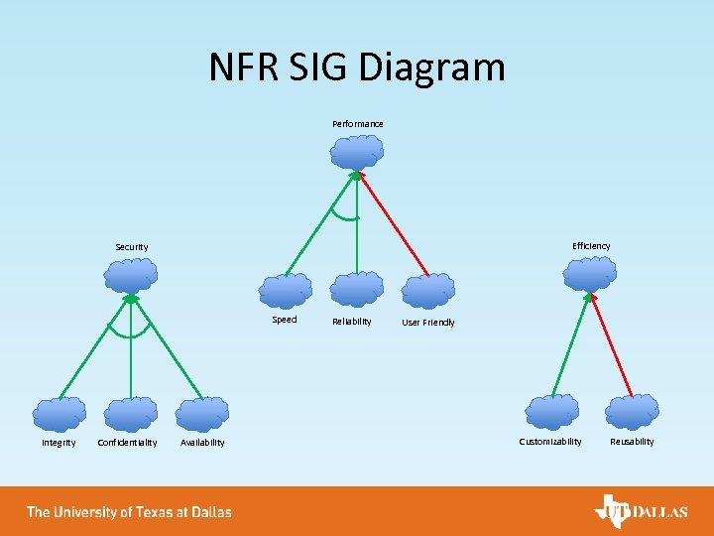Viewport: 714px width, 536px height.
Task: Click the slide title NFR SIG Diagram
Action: [x=357, y=67]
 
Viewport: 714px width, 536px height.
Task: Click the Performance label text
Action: [x=357, y=124]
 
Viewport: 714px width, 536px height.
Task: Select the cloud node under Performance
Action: [x=357, y=152]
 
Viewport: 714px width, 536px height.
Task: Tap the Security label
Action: [x=132, y=247]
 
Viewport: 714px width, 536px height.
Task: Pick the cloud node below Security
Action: [x=131, y=275]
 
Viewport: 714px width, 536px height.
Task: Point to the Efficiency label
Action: [x=591, y=246]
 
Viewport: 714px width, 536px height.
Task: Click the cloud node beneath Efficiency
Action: [x=590, y=272]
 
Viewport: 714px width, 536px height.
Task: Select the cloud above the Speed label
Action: [x=286, y=290]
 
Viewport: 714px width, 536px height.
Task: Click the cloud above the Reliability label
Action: [x=357, y=289]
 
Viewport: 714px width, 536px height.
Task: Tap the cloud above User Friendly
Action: [x=428, y=291]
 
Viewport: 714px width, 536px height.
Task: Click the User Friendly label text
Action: [x=428, y=323]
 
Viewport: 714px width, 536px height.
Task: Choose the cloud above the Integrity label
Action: [x=59, y=413]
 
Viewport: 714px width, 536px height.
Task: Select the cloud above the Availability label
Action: [x=202, y=413]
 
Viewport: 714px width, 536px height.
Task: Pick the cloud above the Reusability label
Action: [x=632, y=411]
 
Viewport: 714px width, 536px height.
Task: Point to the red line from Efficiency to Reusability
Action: [x=612, y=342]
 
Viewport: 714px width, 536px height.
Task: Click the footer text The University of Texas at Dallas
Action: [x=129, y=512]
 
